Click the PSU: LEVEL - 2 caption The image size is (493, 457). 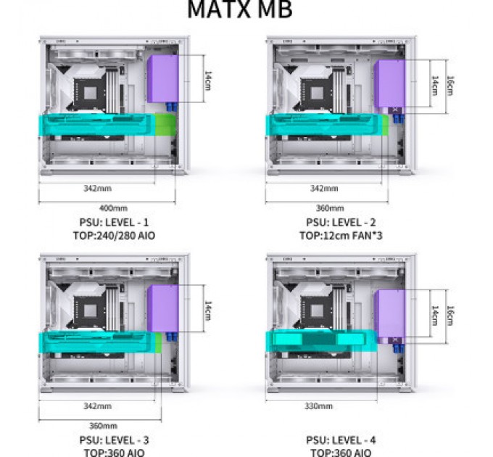(x=341, y=223)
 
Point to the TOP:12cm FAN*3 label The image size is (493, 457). (x=341, y=236)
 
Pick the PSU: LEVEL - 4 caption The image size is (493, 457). (x=341, y=440)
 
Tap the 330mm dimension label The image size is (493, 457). (x=320, y=406)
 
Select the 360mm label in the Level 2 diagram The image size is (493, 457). (x=327, y=207)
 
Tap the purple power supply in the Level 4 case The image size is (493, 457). (x=389, y=314)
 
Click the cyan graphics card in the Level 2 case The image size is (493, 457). (x=323, y=125)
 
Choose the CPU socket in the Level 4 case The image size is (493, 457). (x=318, y=312)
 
